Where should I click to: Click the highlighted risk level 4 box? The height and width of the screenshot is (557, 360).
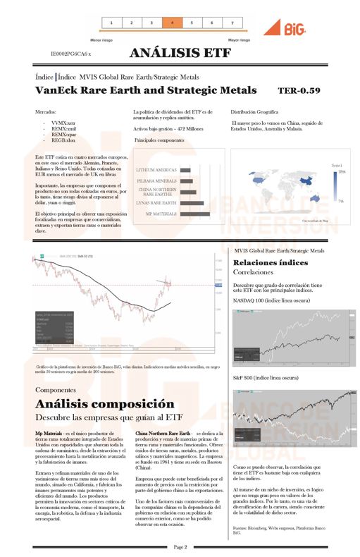[172, 23]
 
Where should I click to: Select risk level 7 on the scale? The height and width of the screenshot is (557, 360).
[232, 23]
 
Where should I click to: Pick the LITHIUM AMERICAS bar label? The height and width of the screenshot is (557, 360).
[156, 170]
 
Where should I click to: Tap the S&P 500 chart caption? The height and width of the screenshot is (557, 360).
[265, 378]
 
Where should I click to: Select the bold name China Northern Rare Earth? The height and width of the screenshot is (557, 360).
[163, 433]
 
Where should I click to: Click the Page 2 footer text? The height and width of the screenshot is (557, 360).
[180, 546]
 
